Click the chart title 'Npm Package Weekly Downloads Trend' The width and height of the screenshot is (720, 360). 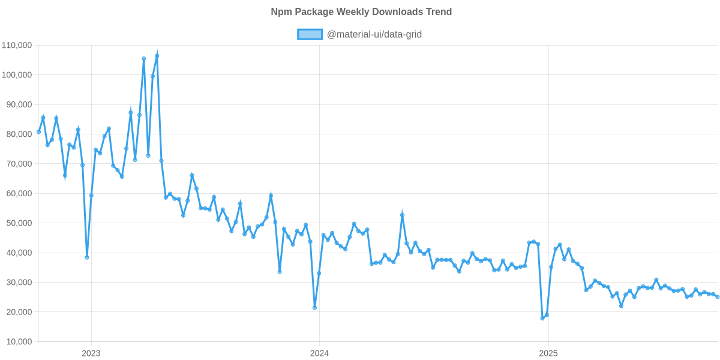361,12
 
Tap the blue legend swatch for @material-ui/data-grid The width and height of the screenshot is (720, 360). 310,34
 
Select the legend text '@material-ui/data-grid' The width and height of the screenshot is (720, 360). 374,34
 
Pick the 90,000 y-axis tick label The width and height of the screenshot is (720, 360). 19,104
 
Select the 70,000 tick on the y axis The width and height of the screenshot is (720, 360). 19,164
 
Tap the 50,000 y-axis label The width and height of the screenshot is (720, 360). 19,223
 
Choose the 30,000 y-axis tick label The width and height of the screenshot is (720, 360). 19,283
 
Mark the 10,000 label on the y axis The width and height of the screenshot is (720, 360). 19,342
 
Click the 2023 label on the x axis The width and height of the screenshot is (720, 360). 91,353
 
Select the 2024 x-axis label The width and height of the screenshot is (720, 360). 319,353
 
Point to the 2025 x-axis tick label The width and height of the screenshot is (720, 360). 548,353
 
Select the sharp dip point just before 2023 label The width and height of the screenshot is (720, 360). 87,257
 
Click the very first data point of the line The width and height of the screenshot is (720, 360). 38,132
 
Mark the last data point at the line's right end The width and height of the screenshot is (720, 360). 718,296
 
